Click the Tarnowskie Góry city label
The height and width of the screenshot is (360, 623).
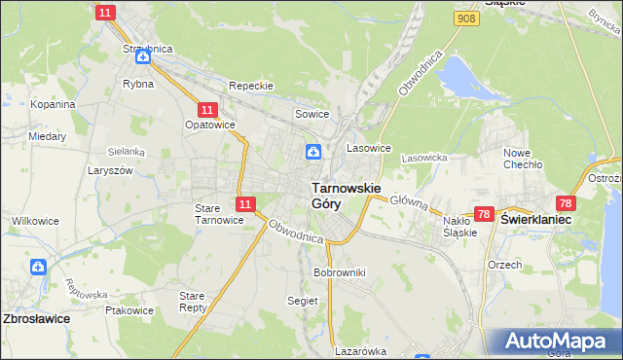click(346, 196)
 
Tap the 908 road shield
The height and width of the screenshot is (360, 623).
click(465, 18)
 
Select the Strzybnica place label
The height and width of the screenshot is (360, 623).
click(143, 48)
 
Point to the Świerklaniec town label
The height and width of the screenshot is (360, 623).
click(535, 220)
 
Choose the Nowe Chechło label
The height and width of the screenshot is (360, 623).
click(522, 159)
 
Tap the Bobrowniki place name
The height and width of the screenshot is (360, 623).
click(339, 272)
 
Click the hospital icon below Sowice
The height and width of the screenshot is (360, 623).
click(313, 151)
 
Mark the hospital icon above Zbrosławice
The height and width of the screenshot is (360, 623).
click(38, 267)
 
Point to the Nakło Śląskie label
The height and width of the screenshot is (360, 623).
click(459, 227)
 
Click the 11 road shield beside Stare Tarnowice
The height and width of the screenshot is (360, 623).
click(245, 204)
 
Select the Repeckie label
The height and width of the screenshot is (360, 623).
click(251, 86)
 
